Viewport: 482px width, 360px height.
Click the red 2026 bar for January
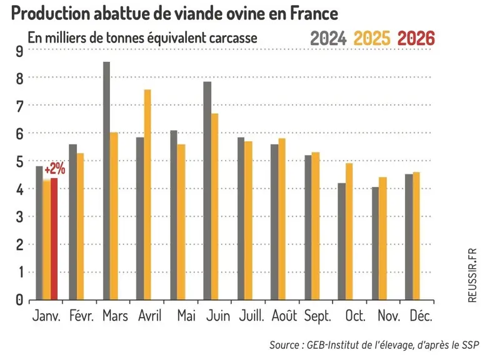[54, 239]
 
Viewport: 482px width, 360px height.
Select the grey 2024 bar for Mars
[107, 181]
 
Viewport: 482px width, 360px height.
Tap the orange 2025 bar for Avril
[148, 194]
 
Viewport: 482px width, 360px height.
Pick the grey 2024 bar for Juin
[208, 191]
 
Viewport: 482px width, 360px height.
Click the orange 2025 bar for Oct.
[349, 231]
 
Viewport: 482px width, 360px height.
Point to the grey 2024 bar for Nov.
[375, 243]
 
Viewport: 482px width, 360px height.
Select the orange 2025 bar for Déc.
[416, 236]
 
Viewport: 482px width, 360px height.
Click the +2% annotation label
[55, 169]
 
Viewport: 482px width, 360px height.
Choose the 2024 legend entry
[328, 38]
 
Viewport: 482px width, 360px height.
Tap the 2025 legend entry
[372, 38]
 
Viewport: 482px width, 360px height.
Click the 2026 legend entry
[416, 38]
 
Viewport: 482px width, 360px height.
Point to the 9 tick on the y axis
[19, 51]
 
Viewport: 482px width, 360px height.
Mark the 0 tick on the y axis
[19, 300]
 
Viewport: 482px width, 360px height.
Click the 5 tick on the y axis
[19, 161]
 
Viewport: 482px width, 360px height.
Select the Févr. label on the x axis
[81, 316]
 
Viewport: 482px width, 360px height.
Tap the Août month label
[284, 316]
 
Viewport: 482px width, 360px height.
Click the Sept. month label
[318, 316]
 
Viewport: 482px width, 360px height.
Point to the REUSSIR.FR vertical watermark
[473, 276]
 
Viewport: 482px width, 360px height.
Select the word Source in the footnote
[284, 345]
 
